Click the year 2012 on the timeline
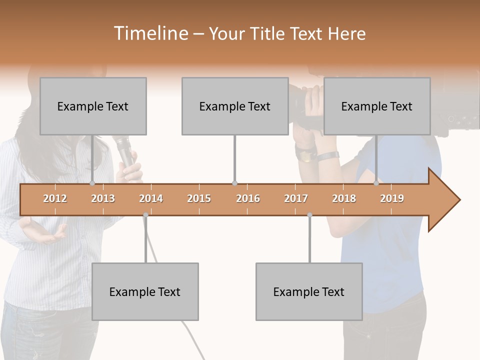click(55, 198)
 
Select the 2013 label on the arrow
click(103, 198)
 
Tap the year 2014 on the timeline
click(151, 198)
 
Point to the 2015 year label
click(199, 198)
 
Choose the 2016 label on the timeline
click(248, 198)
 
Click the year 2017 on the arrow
click(296, 198)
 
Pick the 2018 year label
click(344, 198)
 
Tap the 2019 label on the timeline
click(392, 198)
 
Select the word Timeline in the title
click(149, 33)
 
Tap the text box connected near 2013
click(93, 106)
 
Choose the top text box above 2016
click(235, 106)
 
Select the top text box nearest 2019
click(377, 106)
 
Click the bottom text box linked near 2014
click(145, 291)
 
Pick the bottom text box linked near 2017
click(309, 291)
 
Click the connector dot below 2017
click(309, 215)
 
